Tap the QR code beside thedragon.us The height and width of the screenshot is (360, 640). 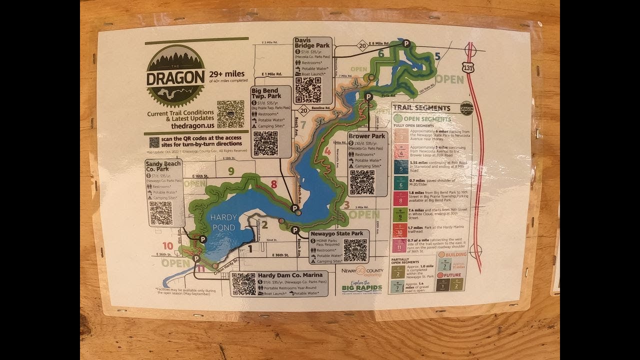point(230,114)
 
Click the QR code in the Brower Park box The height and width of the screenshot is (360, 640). point(362,182)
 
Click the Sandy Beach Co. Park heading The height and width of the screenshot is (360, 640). point(162,166)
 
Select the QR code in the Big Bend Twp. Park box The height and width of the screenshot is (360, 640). point(265,143)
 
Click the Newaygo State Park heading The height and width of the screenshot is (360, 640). point(336,233)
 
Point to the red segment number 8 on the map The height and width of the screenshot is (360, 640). point(273,184)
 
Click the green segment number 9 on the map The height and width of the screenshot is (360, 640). point(231,171)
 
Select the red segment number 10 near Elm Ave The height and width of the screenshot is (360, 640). point(168,246)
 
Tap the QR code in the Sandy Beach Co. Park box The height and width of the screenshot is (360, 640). point(160,213)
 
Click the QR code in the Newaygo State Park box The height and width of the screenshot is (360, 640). point(355,249)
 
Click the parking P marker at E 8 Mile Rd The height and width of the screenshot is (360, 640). point(406,43)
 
